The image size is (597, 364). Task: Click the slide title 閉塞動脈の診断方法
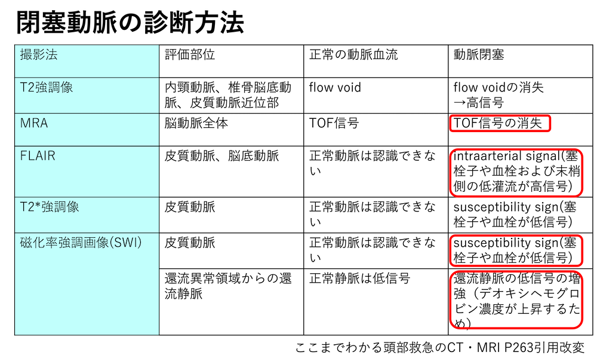click(x=130, y=23)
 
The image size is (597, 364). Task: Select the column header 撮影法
click(x=39, y=54)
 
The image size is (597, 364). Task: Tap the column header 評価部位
click(x=190, y=54)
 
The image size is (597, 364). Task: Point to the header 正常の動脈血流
click(x=353, y=54)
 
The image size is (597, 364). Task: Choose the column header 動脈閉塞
click(x=479, y=54)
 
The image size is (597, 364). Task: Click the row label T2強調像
click(x=47, y=88)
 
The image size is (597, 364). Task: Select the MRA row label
click(x=34, y=123)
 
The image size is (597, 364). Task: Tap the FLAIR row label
click(x=38, y=155)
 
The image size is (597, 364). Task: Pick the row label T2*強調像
click(x=50, y=207)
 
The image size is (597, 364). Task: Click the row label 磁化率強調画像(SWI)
click(x=81, y=243)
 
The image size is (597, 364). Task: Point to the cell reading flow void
click(x=335, y=88)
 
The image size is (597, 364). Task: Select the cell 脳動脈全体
click(x=196, y=123)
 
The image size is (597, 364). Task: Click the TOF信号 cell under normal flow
click(x=334, y=123)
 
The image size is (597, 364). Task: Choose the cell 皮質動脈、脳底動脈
click(x=221, y=155)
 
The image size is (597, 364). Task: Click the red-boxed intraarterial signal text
click(x=516, y=171)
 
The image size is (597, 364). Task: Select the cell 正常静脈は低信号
click(x=359, y=279)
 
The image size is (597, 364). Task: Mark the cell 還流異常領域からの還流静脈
click(x=228, y=286)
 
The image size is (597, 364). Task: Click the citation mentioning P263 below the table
click(x=440, y=348)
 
